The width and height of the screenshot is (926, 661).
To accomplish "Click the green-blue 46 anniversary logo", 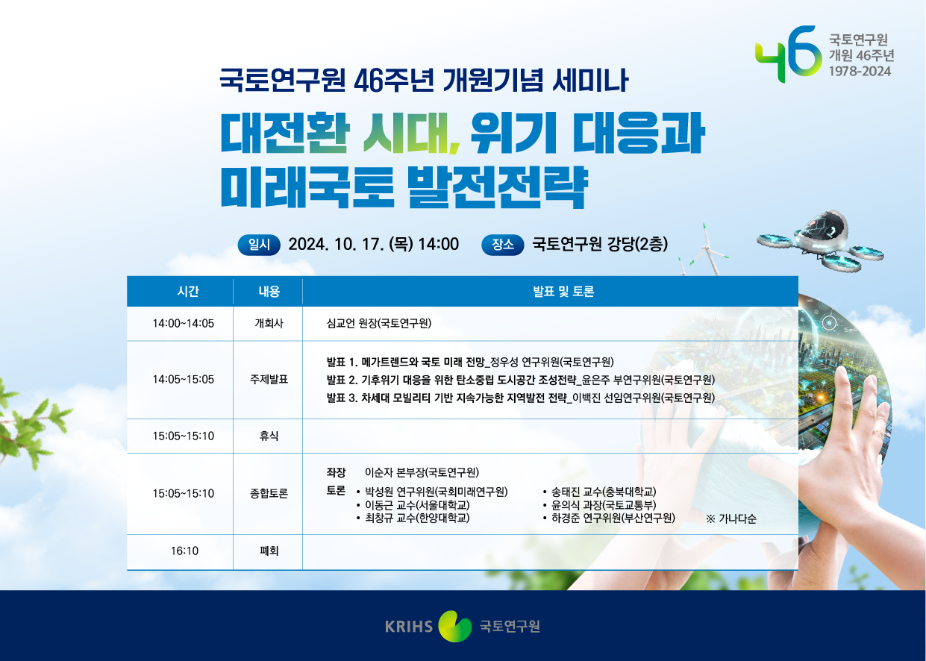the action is tap(787, 54).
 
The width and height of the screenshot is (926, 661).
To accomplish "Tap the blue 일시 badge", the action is tap(259, 245).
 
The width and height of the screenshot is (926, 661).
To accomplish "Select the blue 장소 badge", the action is tap(503, 245).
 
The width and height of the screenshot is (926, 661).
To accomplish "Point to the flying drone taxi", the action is tap(820, 240).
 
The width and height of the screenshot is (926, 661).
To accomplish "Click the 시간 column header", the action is tap(188, 292).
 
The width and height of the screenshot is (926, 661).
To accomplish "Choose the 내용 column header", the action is tap(269, 292).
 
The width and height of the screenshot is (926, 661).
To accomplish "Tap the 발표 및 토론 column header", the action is tap(563, 292).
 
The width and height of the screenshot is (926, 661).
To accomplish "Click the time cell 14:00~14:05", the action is tap(183, 323).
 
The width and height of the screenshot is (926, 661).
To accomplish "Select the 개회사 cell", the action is tap(269, 323).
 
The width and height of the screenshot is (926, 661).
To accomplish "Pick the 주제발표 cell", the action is tap(269, 380).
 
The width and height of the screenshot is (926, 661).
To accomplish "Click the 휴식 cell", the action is tap(269, 436).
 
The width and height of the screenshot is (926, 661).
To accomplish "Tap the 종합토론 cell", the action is tap(269, 493).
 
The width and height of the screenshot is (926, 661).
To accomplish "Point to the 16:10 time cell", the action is tap(184, 551).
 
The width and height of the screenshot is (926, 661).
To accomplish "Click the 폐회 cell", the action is tap(269, 551).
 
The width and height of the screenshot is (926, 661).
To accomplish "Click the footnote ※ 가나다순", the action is tap(731, 519).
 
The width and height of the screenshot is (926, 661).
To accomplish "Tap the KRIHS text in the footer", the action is tap(409, 626).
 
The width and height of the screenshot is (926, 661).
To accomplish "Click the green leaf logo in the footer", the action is tap(454, 626).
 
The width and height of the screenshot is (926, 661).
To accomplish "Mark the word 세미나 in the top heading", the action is tap(591, 80).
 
